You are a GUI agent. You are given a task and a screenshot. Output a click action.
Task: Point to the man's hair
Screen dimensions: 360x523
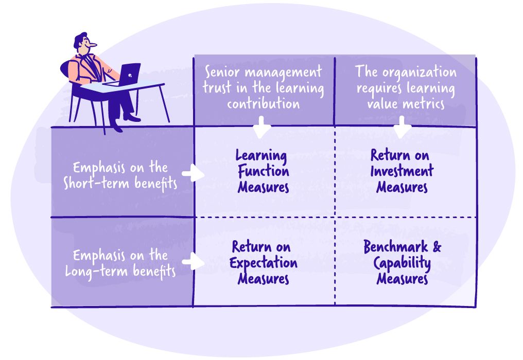[80, 39]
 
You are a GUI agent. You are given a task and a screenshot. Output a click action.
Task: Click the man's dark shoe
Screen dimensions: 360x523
[132, 118]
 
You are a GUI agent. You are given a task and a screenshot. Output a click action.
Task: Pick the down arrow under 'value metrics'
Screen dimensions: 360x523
[403, 127]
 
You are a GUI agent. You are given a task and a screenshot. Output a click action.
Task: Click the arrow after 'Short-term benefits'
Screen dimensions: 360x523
[193, 174]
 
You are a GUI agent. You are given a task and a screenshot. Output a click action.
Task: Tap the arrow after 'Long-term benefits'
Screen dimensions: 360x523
[194, 261]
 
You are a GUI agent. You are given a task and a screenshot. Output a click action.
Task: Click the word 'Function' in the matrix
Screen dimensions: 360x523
[263, 171]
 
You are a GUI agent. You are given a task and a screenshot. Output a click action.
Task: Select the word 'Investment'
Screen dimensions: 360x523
[402, 171]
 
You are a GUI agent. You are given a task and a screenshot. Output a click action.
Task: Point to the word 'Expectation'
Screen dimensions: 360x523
[263, 263]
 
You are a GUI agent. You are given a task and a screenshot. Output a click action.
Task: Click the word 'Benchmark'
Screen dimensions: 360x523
[396, 247]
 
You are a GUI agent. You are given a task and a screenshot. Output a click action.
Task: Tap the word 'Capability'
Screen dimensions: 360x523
[402, 263]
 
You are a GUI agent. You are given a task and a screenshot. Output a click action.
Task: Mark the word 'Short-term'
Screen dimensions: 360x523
[91, 184]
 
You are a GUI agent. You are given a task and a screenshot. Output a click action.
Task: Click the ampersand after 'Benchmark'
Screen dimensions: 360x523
[437, 247]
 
